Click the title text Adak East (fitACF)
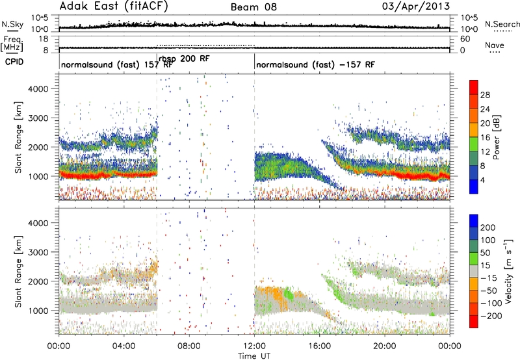(114, 6)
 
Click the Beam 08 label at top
(253, 7)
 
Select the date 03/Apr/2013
(416, 6)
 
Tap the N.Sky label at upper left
(12, 24)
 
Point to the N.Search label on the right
(502, 24)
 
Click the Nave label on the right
(495, 45)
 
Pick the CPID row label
(14, 62)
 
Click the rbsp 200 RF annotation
(184, 59)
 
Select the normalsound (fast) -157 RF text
(315, 64)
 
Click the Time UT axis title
(254, 356)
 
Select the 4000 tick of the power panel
(38, 89)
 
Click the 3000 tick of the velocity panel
(38, 252)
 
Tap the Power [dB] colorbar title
(496, 137)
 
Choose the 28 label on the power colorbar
(485, 95)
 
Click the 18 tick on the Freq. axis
(44, 39)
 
